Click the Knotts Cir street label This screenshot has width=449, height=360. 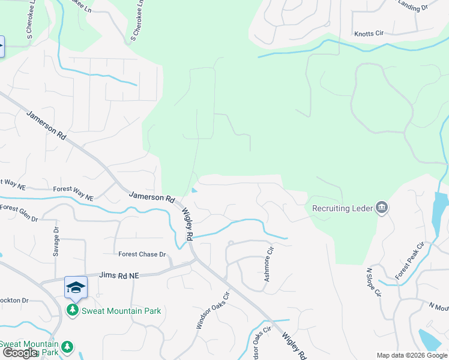coord(369,34)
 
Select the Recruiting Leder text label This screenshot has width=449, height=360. coord(342,209)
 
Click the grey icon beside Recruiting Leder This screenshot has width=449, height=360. coord(381,208)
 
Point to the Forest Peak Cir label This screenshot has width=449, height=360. coord(409,261)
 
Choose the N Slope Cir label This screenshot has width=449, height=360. coord(373,283)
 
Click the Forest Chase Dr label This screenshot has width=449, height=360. coord(142,254)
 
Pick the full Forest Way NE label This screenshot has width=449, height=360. coord(73,193)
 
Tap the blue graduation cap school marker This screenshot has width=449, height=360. coord(76,287)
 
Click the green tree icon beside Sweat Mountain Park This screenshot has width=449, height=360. coord(73,310)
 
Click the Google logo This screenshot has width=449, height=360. coord(20,353)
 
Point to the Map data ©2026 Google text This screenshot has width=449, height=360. coord(412,355)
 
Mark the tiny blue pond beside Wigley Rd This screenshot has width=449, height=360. coord(193,191)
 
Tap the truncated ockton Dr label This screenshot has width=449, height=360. coord(14,300)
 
